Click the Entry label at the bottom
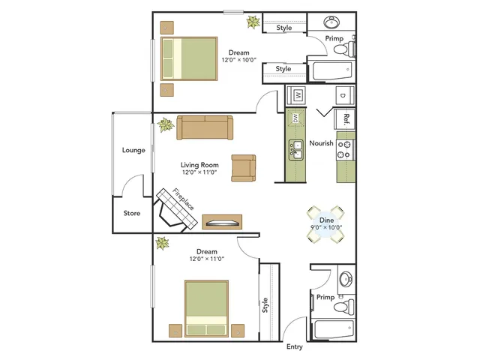(x=295, y=346)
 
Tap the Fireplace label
(x=183, y=199)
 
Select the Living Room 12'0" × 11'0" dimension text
(x=199, y=172)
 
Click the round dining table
(x=326, y=224)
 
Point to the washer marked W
(x=296, y=95)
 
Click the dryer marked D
(x=345, y=95)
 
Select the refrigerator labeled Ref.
(x=345, y=119)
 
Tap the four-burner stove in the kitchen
(x=345, y=150)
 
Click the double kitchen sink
(x=296, y=150)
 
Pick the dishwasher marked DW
(x=295, y=118)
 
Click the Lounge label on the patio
(x=133, y=150)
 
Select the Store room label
(x=132, y=213)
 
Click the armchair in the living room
(x=243, y=168)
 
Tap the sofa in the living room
(x=205, y=127)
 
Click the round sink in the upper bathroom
(x=331, y=22)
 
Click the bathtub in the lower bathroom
(x=334, y=329)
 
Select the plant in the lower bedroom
(x=162, y=243)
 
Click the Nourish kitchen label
(x=321, y=143)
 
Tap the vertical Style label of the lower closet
(x=265, y=305)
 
